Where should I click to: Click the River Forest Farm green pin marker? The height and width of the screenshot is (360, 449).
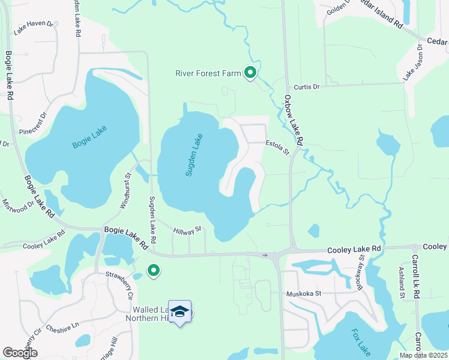[250, 73]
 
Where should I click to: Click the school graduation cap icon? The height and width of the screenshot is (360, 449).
[180, 312]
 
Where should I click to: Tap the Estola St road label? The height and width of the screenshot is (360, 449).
[278, 147]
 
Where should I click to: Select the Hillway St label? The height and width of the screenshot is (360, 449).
[187, 230]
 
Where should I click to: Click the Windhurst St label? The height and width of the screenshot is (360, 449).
[126, 191]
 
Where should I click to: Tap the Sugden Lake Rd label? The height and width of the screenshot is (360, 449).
[152, 220]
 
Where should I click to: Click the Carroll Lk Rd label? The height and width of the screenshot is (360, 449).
[415, 277]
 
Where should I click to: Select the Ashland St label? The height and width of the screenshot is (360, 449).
[401, 284]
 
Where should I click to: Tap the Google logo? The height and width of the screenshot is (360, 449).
[20, 353]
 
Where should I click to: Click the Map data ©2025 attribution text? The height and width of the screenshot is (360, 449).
[423, 355]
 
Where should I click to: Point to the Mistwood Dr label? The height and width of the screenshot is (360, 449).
[17, 207]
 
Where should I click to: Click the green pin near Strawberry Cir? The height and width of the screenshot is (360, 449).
[154, 271]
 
